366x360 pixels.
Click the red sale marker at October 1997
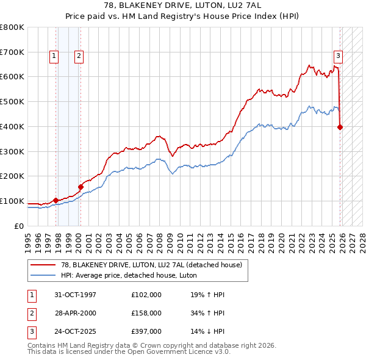[56, 200]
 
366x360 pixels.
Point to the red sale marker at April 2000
[81, 187]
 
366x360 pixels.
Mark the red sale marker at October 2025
[340, 127]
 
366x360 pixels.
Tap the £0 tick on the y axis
[18, 226]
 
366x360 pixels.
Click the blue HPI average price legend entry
[134, 275]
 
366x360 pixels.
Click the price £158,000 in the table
[146, 314]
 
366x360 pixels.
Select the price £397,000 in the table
[146, 333]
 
